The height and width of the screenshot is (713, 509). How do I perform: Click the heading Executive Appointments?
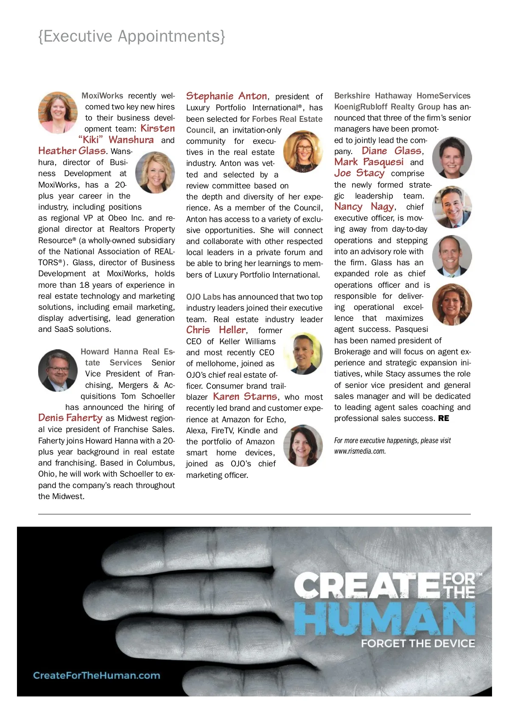pos(131,36)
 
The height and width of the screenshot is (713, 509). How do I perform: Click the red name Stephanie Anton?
pos(227,96)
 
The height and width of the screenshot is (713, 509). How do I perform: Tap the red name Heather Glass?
pos(72,151)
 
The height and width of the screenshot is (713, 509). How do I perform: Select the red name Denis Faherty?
pos(70,418)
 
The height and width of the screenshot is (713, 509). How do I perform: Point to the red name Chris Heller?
pos(216,330)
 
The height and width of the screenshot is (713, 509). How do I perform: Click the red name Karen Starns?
pos(245,396)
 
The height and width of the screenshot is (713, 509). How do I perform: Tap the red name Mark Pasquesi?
pos(369,162)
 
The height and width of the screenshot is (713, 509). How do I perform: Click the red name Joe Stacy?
pos(359,173)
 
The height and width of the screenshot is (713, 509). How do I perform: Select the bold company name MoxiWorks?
pos(102,96)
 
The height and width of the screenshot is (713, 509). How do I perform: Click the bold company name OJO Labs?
pos(203,297)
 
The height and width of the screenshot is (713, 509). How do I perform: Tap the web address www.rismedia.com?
pos(360,451)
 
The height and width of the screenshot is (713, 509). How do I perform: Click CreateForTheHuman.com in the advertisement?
pos(97,675)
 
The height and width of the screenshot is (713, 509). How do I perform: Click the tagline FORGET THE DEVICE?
pos(418,643)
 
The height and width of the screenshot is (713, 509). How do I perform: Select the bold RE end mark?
pos(444,418)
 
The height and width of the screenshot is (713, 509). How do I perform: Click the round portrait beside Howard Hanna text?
pos(58,370)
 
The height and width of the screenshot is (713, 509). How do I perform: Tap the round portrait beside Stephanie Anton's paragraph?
pos(303,151)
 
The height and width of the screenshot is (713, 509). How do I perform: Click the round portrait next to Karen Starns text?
pos(303,445)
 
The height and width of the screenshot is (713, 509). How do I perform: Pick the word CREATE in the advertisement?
pos(367,586)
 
